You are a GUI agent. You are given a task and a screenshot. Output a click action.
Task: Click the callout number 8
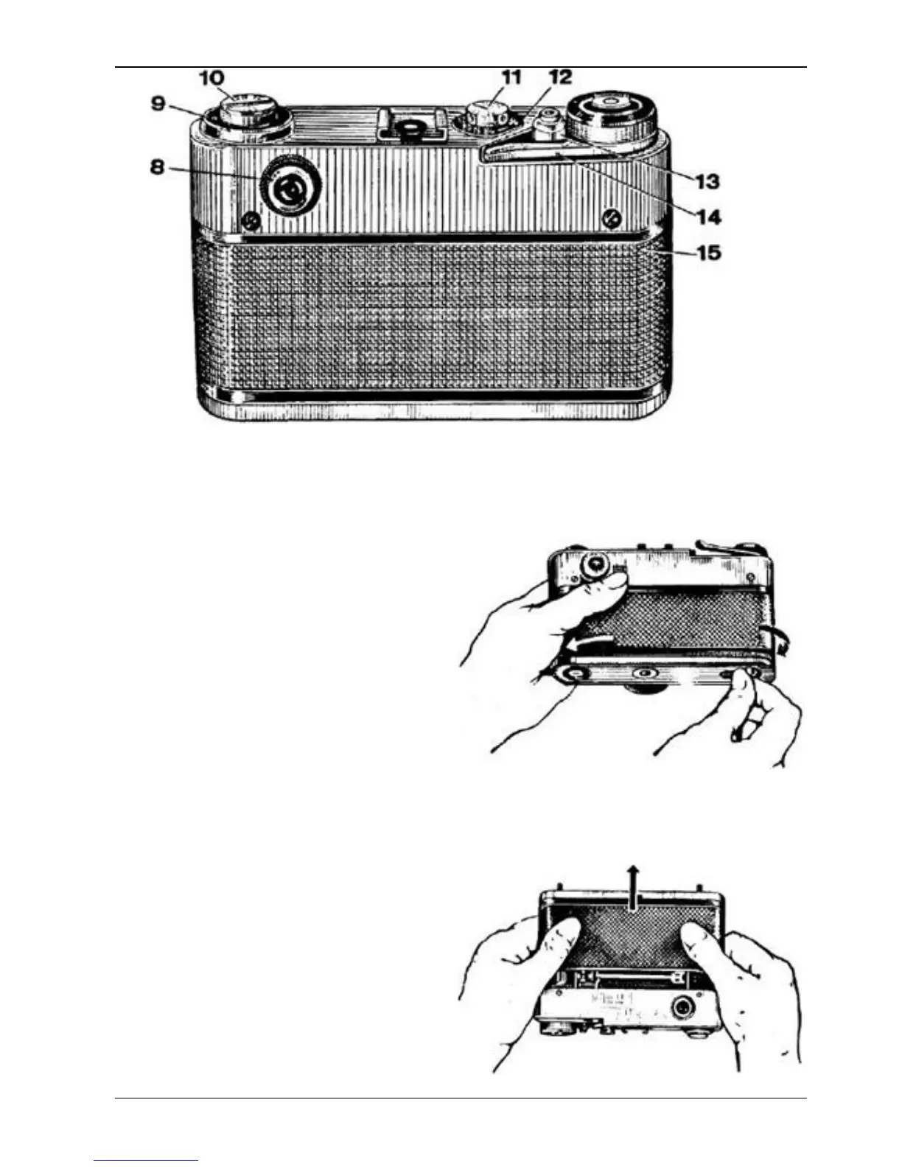click(157, 167)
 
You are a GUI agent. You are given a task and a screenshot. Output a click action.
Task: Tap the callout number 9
click(158, 103)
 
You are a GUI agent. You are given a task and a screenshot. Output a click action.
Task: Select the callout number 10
click(211, 77)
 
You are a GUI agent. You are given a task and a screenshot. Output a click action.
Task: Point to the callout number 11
click(511, 77)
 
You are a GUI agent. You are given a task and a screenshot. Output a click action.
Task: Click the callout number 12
click(559, 77)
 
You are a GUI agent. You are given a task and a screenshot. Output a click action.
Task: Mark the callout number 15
click(707, 253)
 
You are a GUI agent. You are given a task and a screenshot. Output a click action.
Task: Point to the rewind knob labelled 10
click(247, 114)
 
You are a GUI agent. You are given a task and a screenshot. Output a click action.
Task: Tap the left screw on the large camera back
click(251, 220)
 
